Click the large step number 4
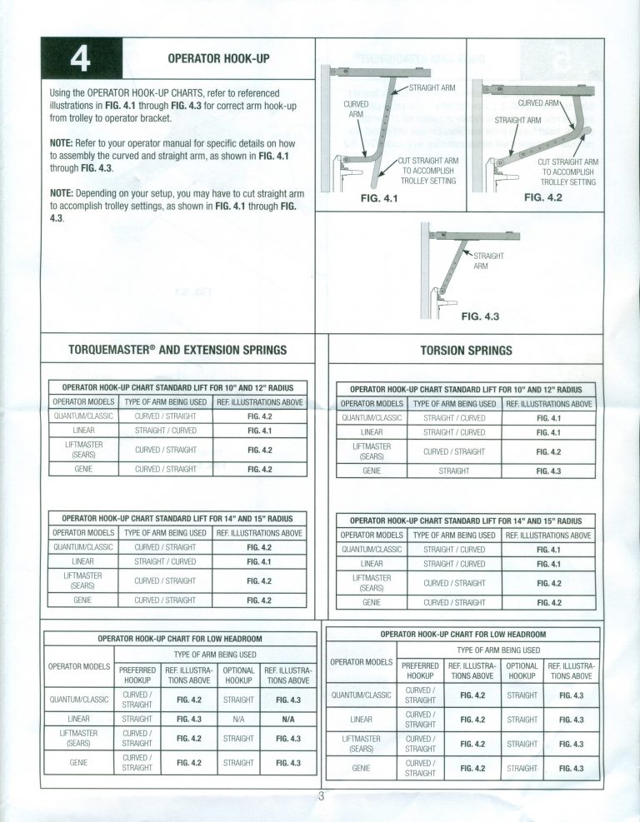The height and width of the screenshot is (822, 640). (x=80, y=59)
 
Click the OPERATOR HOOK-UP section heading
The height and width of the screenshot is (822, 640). (x=219, y=58)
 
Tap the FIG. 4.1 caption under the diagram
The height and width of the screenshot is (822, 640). (x=379, y=198)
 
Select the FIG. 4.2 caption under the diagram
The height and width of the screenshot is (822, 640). (x=543, y=197)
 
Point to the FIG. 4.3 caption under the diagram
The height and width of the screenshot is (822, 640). (x=480, y=316)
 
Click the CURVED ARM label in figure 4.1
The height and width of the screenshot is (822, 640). (x=356, y=109)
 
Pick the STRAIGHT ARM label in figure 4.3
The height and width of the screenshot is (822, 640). (x=488, y=261)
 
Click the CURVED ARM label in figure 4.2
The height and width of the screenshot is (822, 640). (x=539, y=103)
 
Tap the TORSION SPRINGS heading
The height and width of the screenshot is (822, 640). (x=467, y=350)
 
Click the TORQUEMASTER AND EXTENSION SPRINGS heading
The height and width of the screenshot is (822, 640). (x=177, y=350)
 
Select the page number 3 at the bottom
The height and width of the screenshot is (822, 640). (x=322, y=797)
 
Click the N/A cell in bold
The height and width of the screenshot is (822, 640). (x=288, y=720)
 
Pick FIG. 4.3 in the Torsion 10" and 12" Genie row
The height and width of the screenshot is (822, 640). (x=548, y=471)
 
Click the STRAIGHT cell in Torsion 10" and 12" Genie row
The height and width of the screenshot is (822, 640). (x=454, y=471)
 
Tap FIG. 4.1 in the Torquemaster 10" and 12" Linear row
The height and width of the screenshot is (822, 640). (x=260, y=431)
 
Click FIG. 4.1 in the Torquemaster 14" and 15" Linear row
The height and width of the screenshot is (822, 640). (x=259, y=562)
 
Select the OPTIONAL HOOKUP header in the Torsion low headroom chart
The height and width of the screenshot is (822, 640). (x=522, y=671)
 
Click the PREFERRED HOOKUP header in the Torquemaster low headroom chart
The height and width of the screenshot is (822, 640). (x=137, y=675)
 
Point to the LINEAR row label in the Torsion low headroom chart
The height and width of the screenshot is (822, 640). (x=361, y=720)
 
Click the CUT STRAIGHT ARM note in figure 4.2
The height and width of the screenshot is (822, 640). (x=568, y=172)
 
